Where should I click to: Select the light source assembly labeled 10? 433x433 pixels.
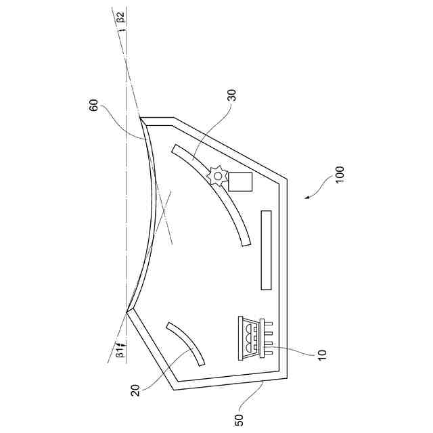252,336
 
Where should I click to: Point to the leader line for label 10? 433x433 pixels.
298,350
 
